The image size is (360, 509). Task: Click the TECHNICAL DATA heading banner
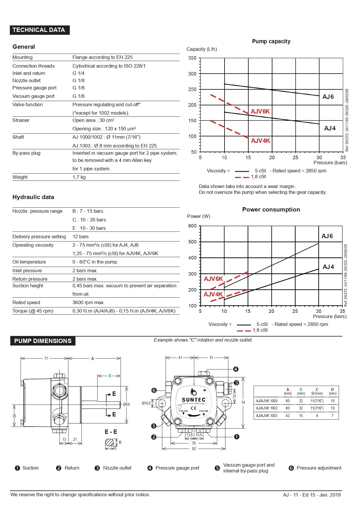(39, 30)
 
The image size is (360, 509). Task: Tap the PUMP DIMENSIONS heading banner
(43, 341)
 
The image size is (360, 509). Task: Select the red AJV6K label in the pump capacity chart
(260, 111)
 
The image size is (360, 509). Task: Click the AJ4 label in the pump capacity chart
(330, 128)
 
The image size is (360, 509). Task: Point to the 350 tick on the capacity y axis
(192, 58)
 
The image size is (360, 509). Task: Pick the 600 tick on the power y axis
(192, 226)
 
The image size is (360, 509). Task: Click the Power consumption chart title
(271, 210)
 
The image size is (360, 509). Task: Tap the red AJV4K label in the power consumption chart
(213, 294)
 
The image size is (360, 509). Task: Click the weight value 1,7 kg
(79, 177)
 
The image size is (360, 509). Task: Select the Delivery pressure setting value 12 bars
(80, 237)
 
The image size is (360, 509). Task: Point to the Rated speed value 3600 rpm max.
(88, 302)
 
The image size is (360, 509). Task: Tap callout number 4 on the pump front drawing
(236, 369)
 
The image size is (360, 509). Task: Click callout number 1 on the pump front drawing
(237, 437)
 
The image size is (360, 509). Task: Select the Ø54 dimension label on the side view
(126, 404)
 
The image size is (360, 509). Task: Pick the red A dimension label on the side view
(93, 359)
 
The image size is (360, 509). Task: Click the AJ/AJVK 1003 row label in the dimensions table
(267, 416)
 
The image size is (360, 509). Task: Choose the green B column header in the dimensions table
(301, 389)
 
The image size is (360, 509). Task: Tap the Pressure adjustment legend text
(319, 468)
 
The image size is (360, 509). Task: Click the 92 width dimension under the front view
(194, 449)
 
